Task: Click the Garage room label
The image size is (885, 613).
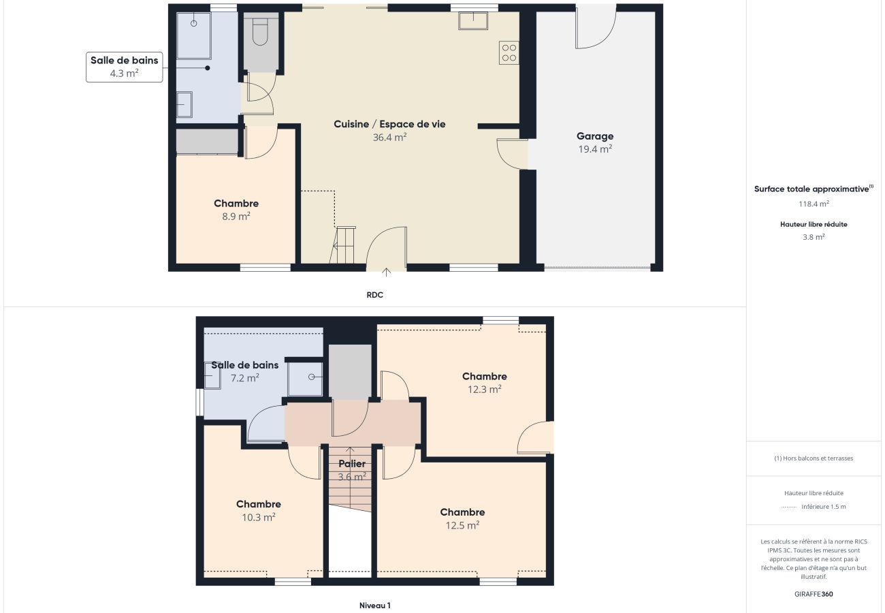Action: click(x=594, y=136)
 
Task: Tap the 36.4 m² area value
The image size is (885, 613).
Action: click(x=389, y=137)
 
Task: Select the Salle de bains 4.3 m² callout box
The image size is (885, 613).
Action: click(x=124, y=67)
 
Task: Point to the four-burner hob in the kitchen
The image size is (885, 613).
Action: click(x=509, y=52)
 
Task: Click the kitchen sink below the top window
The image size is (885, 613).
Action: click(x=473, y=20)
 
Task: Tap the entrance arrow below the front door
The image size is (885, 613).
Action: click(x=386, y=272)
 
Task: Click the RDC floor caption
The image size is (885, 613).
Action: click(x=374, y=295)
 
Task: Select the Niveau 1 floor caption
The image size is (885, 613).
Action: click(x=374, y=606)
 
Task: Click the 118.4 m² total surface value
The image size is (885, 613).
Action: click(x=814, y=204)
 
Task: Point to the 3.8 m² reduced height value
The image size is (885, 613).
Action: click(x=814, y=237)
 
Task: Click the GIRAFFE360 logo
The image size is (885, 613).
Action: click(x=814, y=594)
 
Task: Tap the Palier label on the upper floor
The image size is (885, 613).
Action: click(x=352, y=464)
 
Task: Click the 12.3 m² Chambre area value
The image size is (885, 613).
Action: click(x=485, y=390)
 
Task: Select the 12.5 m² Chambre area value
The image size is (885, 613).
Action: click(x=462, y=525)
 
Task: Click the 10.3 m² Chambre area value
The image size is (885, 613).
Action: click(x=259, y=518)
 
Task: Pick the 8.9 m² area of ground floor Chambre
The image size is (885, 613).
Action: click(x=236, y=216)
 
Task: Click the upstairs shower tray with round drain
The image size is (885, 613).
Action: click(x=305, y=379)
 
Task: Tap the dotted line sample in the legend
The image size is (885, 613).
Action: click(x=789, y=507)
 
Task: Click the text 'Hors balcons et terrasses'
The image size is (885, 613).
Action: click(x=818, y=458)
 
